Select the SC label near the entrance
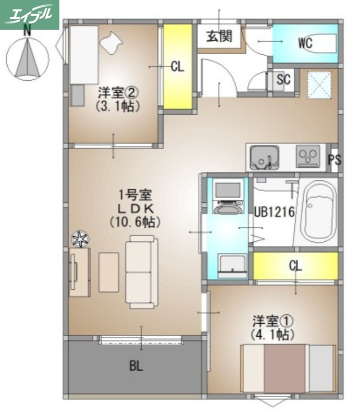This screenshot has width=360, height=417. (x=283, y=80)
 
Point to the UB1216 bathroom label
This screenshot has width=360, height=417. (x=275, y=213)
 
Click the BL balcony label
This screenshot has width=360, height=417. (x=136, y=366)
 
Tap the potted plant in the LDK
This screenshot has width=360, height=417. (x=80, y=239)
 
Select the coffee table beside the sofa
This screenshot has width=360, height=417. (x=108, y=272)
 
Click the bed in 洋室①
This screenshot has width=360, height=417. (x=288, y=369)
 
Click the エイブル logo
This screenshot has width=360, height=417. (x=30, y=14)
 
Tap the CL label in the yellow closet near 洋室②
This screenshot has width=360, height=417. (x=178, y=67)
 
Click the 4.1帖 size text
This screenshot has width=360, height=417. (x=270, y=334)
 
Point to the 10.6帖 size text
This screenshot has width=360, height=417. (x=134, y=221)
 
